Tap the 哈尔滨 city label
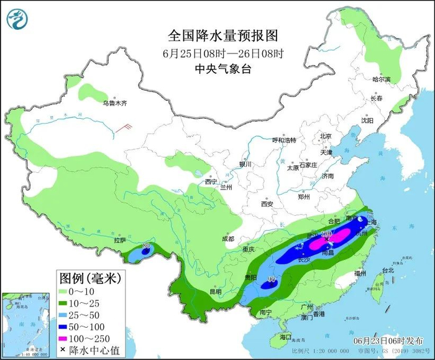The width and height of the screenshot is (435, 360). [x=381, y=80]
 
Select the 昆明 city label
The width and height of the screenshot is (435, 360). [x=215, y=291]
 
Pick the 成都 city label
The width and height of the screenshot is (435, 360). [x=227, y=239]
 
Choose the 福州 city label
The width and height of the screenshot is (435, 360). [x=359, y=273]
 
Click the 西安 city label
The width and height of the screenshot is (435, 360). [x=267, y=203]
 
